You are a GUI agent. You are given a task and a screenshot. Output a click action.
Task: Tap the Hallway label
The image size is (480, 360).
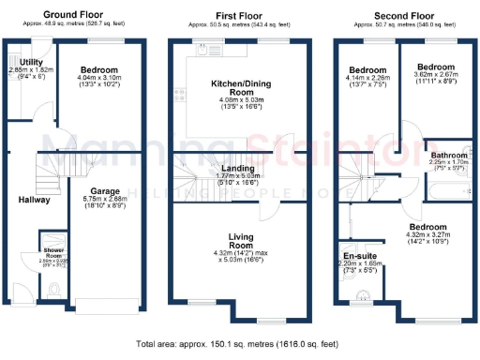(x=35, y=200)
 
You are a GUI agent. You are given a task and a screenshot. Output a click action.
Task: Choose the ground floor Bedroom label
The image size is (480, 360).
(x=98, y=70)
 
